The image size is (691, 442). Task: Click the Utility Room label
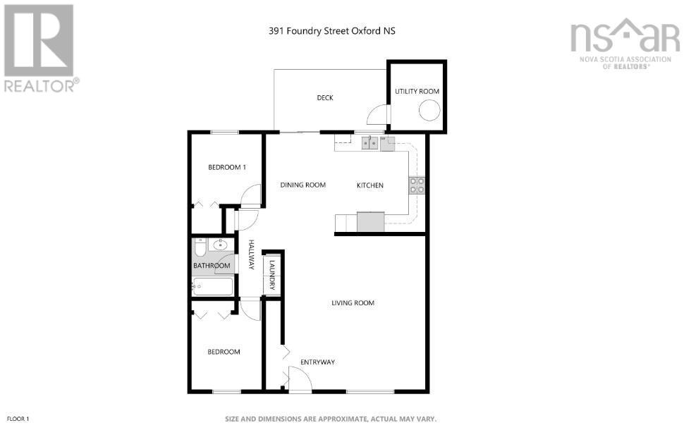(417, 92)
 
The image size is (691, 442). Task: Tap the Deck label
(324, 98)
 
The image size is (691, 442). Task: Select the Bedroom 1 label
(226, 167)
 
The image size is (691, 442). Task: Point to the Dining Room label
(302, 185)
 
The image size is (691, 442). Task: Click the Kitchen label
(369, 185)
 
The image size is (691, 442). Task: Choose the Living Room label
(353, 303)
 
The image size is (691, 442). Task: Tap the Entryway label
(317, 362)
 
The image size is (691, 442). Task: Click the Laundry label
(271, 275)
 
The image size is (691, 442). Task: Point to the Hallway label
(250, 255)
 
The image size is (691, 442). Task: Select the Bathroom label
(212, 266)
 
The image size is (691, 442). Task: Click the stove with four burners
(417, 185)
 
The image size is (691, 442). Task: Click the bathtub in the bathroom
(213, 286)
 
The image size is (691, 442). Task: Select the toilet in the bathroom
(200, 247)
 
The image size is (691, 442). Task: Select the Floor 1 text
(18, 419)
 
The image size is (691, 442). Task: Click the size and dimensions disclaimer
(331, 419)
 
